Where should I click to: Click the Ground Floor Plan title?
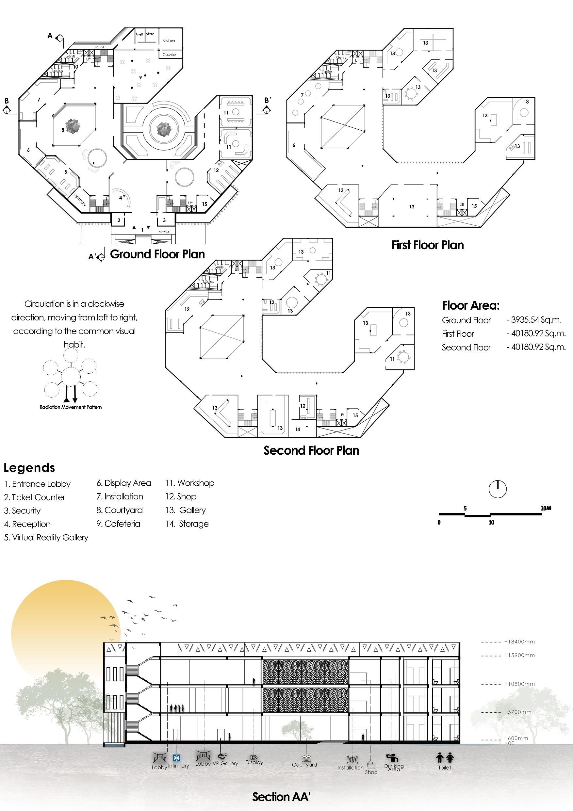tap(157, 254)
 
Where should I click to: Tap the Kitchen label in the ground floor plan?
tap(169, 41)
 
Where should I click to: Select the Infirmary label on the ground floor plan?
tap(80, 200)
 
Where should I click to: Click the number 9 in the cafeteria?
tap(140, 77)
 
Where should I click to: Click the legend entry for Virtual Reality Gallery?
tap(46, 537)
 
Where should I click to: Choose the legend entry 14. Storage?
tap(187, 524)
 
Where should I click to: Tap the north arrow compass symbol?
tap(498, 489)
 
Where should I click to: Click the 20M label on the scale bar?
tap(546, 508)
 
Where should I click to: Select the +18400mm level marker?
tap(519, 642)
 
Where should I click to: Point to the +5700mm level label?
tap(517, 712)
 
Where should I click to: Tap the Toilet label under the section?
tap(444, 768)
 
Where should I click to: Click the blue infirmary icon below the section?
tap(176, 758)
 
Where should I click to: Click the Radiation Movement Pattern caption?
tap(71, 407)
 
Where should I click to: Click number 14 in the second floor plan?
tap(298, 430)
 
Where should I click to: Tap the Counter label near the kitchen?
tap(169, 55)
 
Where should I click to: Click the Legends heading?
tap(29, 468)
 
